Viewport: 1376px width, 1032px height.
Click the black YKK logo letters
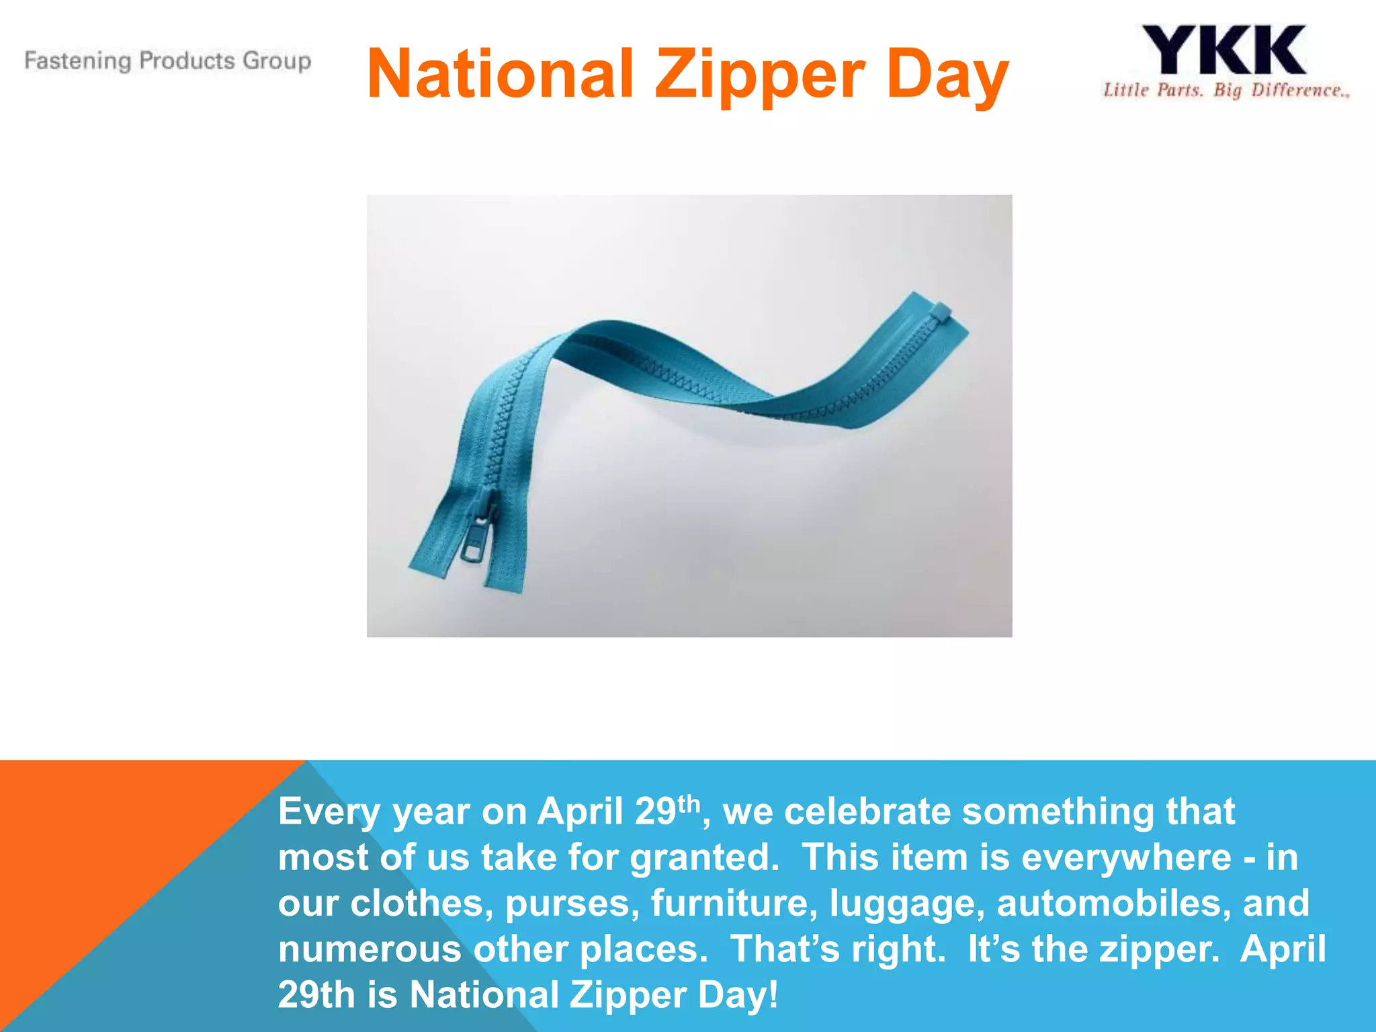[1224, 50]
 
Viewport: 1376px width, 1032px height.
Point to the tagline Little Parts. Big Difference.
[1225, 91]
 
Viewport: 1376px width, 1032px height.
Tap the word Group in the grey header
[277, 61]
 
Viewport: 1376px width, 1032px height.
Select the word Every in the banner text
[329, 812]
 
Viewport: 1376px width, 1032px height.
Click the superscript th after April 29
[689, 803]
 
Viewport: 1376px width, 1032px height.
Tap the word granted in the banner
[704, 858]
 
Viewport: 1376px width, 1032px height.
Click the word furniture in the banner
[734, 903]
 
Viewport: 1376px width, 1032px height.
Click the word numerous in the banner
[370, 949]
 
